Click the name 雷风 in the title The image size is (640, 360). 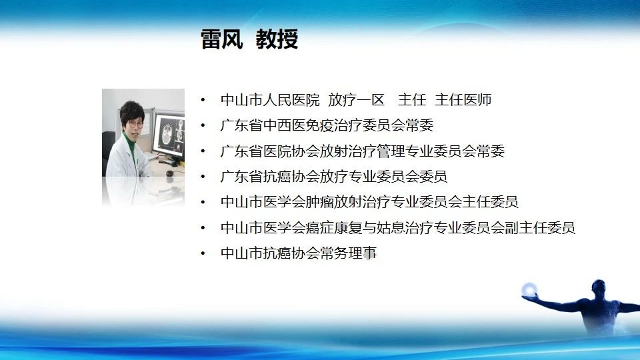click(221, 39)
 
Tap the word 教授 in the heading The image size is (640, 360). click(277, 39)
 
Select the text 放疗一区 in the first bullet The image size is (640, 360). click(356, 100)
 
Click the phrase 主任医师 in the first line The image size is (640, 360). click(463, 100)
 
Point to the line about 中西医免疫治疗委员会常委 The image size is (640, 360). click(327, 125)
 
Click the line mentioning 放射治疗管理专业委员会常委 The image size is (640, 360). click(363, 151)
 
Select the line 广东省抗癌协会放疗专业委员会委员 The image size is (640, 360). click(334, 176)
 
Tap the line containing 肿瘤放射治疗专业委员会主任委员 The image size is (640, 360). click(369, 201)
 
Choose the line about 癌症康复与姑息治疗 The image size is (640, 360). click(398, 227)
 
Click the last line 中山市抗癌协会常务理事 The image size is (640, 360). click(299, 253)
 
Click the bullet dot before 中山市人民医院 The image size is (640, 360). click(203, 100)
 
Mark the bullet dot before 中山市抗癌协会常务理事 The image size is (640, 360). click(203, 253)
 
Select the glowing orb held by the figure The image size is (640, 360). click(529, 289)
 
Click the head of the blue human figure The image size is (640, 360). click(599, 287)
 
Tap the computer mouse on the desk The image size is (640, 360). click(169, 173)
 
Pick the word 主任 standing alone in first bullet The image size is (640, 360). click(412, 100)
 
